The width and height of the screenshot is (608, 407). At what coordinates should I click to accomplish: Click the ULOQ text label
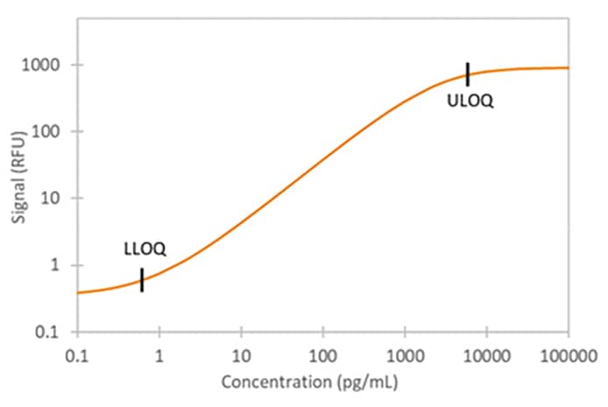470,101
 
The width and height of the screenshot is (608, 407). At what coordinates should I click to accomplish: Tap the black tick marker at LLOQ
142,280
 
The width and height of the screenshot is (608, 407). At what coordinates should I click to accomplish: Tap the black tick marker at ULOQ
468,74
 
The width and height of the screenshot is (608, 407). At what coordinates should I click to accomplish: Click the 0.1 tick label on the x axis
78,354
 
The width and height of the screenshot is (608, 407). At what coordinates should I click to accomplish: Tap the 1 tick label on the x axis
159,354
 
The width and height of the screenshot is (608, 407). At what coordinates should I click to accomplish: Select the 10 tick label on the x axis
241,354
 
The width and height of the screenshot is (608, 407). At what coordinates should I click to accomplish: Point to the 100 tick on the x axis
322,354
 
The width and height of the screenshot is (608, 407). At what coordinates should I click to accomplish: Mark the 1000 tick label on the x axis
405,354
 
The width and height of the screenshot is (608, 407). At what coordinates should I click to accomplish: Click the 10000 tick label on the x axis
486,354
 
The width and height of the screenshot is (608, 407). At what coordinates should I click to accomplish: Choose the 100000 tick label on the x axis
568,354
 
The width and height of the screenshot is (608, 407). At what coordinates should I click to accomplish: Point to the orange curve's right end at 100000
568,67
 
